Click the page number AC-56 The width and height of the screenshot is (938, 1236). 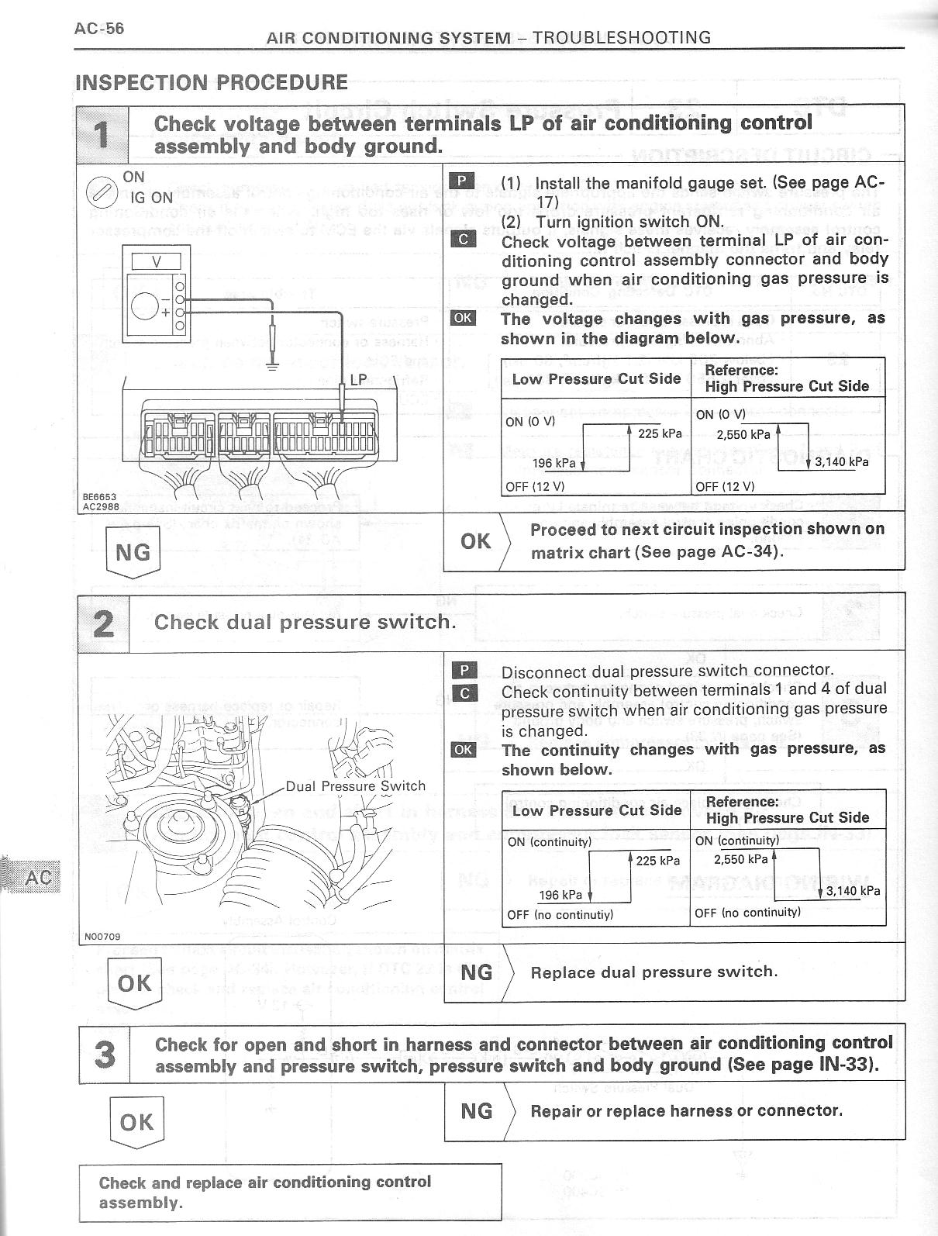[x=98, y=29]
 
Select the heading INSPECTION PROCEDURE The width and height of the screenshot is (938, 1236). [x=211, y=82]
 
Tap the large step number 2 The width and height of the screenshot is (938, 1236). [x=103, y=623]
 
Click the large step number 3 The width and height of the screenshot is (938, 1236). [x=105, y=1055]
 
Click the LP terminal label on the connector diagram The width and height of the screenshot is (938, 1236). [x=357, y=380]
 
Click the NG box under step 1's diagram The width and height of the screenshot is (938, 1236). [x=133, y=552]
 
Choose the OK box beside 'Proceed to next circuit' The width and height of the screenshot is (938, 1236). [x=475, y=541]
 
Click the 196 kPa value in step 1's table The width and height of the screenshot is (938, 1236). [x=553, y=464]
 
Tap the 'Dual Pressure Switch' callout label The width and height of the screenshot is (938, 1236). [x=356, y=785]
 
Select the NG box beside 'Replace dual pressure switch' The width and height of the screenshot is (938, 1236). [x=476, y=972]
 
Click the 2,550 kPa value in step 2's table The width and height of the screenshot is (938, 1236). [x=741, y=859]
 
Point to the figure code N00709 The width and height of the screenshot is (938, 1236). [x=102, y=937]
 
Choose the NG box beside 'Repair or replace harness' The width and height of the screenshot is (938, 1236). [x=476, y=1111]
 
